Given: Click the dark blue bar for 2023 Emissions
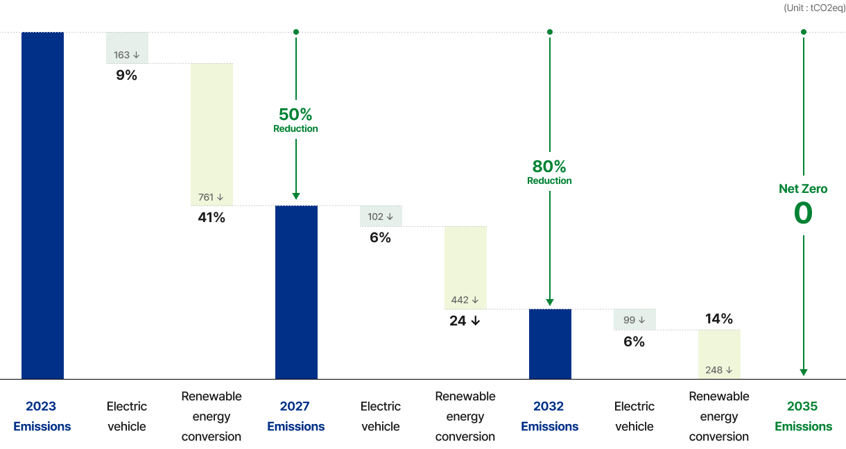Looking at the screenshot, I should [x=42, y=205].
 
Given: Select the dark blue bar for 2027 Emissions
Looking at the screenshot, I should [x=296, y=292].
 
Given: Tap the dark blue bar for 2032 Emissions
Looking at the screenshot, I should [x=550, y=344].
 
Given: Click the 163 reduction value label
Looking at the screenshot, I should [x=127, y=55].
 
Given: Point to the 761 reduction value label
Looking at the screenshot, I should [x=211, y=197].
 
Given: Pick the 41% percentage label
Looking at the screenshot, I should [x=211, y=217].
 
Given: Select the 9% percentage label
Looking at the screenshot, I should [x=127, y=75].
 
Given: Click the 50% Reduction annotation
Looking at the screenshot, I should [x=295, y=119].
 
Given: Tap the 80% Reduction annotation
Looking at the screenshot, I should [x=549, y=171].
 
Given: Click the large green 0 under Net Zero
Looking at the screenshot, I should [x=803, y=213].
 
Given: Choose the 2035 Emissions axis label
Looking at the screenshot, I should [x=803, y=416].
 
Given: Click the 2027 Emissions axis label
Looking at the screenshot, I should [x=295, y=416].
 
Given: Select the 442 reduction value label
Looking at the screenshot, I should [x=465, y=300].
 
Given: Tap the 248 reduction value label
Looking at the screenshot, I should [x=719, y=370].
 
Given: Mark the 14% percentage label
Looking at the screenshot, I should [x=719, y=319].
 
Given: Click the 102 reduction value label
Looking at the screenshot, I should [x=381, y=217].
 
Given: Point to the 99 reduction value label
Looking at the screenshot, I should [x=634, y=320].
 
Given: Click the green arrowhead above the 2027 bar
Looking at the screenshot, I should [x=296, y=196].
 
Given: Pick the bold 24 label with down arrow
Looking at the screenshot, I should [x=465, y=321].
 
